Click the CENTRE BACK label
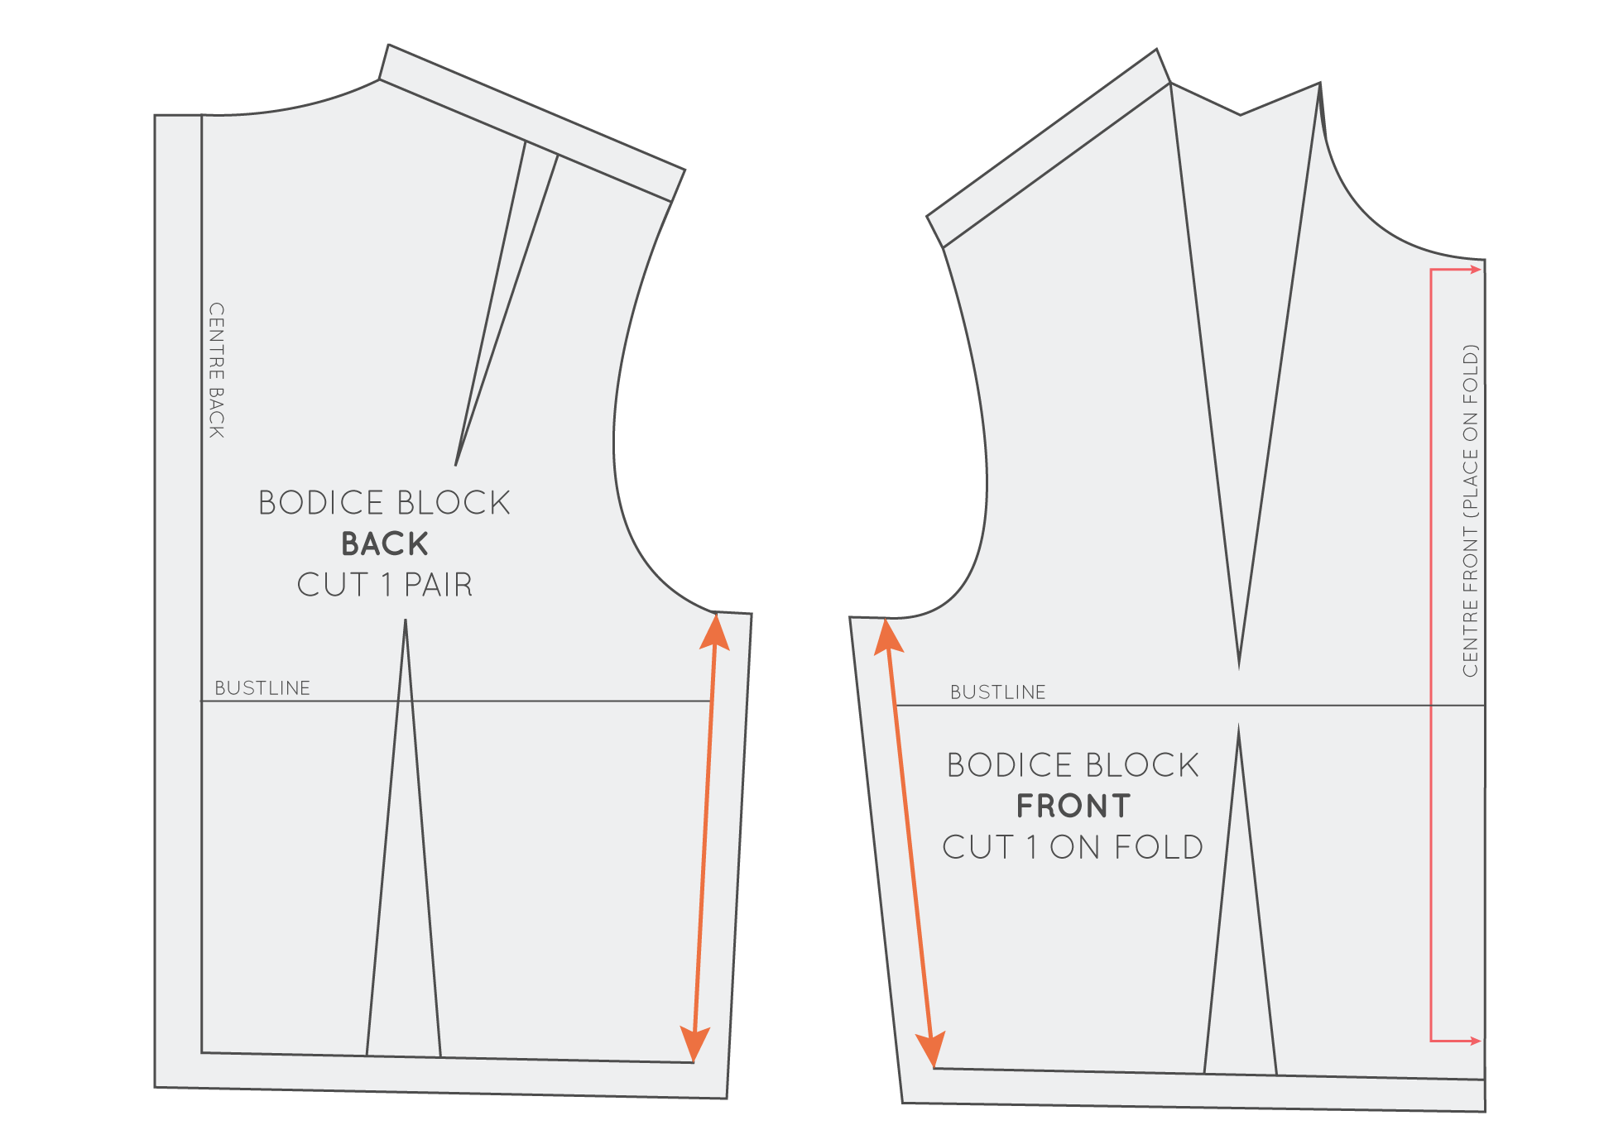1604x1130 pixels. coord(217,370)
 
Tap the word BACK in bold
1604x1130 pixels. coord(385,544)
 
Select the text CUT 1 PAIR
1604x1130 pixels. coord(385,585)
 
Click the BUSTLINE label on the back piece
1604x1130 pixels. coord(262,688)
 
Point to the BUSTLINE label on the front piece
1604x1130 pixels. coord(997,692)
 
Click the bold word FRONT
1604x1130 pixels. coord(1073,807)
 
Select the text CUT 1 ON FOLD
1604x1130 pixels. coord(1073,847)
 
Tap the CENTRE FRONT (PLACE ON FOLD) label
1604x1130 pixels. coord(1470,510)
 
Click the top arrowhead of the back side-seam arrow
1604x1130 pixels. coord(715,630)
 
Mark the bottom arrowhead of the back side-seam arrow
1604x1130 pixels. coord(694,1044)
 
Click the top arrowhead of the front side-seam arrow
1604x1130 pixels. coord(888,634)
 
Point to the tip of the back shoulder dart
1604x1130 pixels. coord(456,464)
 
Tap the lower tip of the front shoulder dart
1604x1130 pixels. coord(1239,667)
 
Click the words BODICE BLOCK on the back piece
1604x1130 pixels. coord(385,503)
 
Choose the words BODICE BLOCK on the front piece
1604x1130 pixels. coord(1073,765)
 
